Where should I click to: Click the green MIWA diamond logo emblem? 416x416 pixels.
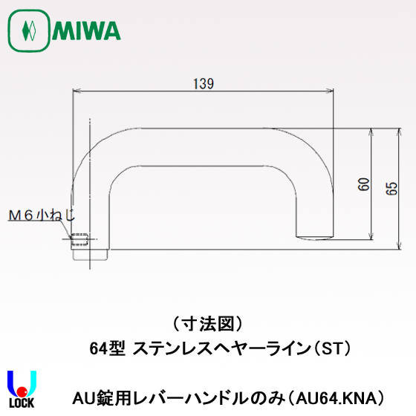29,32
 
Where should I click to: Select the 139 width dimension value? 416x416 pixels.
202,84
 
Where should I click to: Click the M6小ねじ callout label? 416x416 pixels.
42,215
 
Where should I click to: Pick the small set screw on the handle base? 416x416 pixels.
79,239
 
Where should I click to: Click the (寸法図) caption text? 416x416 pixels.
208,325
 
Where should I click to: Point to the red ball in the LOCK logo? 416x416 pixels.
22,391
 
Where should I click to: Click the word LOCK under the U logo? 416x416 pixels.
22,408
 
